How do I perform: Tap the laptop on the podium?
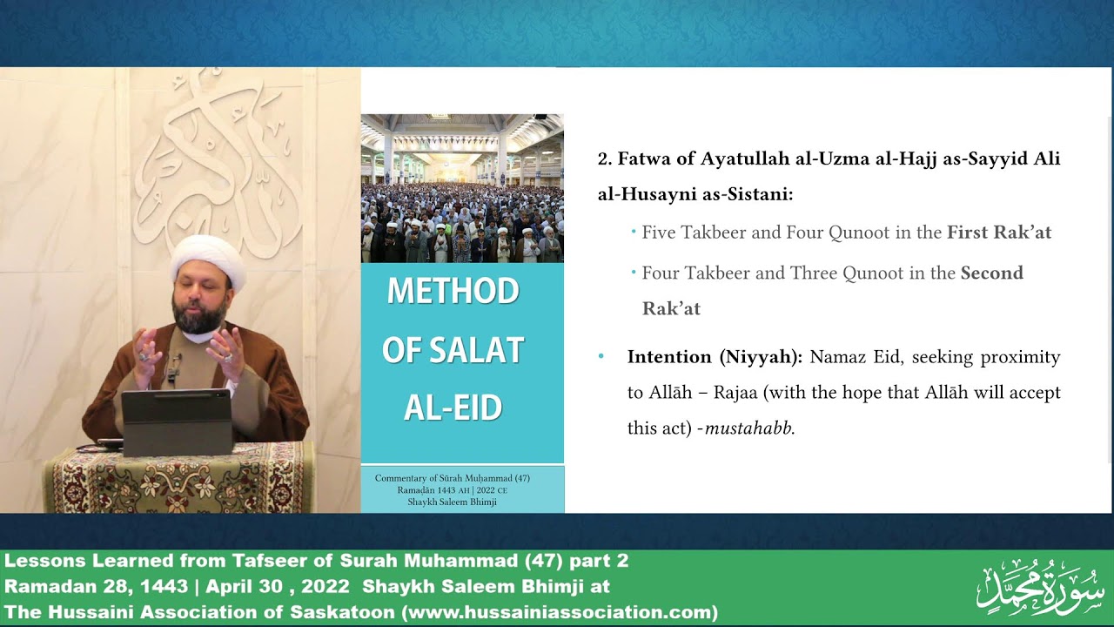pyautogui.click(x=177, y=422)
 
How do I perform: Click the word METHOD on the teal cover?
pyautogui.click(x=453, y=291)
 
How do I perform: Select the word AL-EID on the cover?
pyautogui.click(x=453, y=408)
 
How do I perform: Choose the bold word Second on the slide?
pyautogui.click(x=992, y=273)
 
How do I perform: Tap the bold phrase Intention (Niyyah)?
pyautogui.click(x=715, y=357)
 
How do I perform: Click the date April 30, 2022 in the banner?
pyautogui.click(x=278, y=586)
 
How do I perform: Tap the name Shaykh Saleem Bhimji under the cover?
pyautogui.click(x=452, y=502)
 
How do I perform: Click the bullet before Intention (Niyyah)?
pyautogui.click(x=601, y=356)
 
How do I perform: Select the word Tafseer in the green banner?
pyautogui.click(x=270, y=561)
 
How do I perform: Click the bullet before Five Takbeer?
pyautogui.click(x=634, y=232)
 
